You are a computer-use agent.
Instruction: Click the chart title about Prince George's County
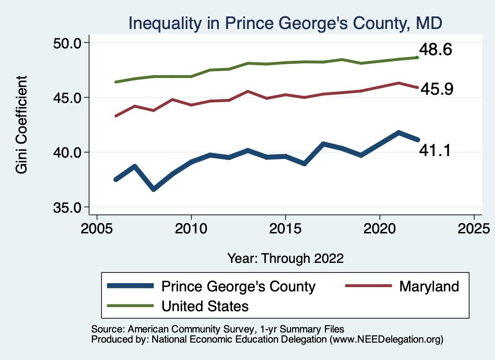tap(285, 23)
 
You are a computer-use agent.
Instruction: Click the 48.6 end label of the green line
tap(435, 49)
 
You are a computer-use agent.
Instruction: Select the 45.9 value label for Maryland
tap(437, 89)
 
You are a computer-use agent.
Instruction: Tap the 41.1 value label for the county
tap(435, 151)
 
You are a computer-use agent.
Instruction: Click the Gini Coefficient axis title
tap(22, 125)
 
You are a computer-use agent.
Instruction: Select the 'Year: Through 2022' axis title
tap(285, 258)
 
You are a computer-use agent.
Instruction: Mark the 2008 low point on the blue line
tap(153, 189)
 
